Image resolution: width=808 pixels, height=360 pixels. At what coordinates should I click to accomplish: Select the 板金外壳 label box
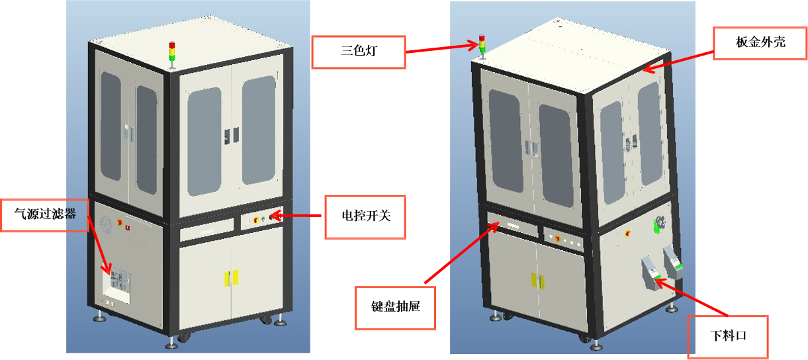coord(760,42)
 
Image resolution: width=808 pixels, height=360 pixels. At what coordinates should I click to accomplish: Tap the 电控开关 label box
coord(364,216)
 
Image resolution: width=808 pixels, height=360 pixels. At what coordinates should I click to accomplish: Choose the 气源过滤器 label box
coord(45,214)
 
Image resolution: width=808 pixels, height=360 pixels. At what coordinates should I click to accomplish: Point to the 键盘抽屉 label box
coord(396,308)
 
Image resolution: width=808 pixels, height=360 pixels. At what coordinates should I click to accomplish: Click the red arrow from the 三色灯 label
coord(441,48)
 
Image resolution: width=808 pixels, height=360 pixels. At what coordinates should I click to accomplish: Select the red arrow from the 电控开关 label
coord(297,216)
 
